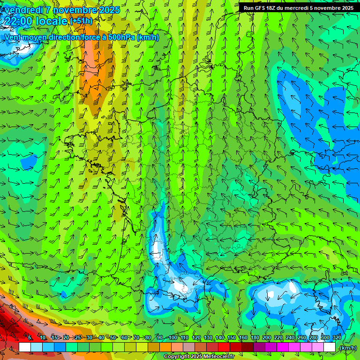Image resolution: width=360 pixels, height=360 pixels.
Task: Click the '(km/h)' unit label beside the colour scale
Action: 348,347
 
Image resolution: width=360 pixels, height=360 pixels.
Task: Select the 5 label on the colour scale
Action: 30,337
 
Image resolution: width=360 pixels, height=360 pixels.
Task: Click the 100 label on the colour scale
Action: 173,337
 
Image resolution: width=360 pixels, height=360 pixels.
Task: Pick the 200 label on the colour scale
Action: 267,337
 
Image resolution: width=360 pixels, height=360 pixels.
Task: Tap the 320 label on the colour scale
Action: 337,337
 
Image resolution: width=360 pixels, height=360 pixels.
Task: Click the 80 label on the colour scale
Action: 148,337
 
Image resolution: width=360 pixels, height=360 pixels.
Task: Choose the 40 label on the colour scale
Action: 101,337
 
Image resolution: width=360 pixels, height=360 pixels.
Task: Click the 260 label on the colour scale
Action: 302,337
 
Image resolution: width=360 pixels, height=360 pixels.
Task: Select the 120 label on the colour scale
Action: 196,337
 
